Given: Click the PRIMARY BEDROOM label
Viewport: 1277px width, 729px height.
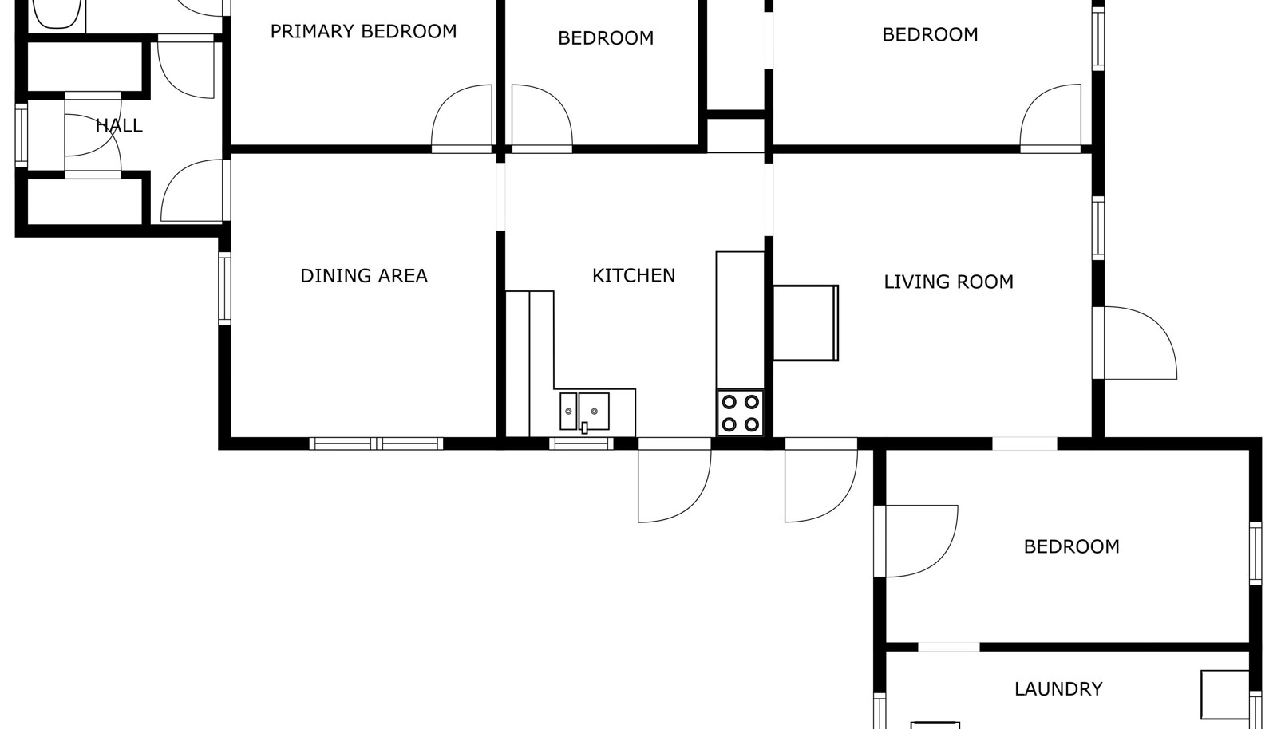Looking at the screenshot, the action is click(363, 31).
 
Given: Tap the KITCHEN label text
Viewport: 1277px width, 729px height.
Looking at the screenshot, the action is click(634, 276).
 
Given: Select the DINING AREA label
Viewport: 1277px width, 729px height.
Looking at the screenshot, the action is click(364, 276).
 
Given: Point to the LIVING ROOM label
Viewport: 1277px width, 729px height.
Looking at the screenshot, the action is click(949, 282).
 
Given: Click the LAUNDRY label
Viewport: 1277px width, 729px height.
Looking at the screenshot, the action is click(1058, 689).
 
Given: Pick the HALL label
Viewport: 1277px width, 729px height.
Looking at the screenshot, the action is click(119, 125).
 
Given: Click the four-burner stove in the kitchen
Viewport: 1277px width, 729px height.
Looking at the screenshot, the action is click(740, 413).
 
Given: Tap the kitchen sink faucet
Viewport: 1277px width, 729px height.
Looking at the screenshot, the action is click(584, 428).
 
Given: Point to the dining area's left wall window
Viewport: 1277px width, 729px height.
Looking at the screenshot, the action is click(224, 289).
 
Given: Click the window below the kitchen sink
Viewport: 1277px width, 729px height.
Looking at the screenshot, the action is click(582, 443).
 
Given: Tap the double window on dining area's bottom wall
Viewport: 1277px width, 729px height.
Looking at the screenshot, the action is click(376, 443).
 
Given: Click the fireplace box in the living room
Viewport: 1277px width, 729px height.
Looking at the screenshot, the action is click(805, 323).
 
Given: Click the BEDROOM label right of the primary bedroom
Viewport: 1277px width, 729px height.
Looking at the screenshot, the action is click(606, 38).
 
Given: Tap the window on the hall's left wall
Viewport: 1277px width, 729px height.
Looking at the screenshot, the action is click(21, 135).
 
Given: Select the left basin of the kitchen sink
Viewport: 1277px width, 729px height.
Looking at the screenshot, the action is click(568, 411).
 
